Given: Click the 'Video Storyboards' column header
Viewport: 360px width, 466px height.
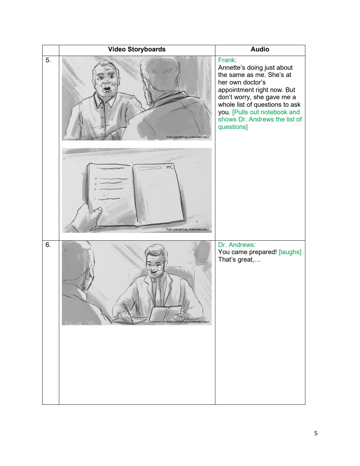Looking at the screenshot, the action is coord(137,49).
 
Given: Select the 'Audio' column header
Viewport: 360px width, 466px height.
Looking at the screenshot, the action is coord(260,49).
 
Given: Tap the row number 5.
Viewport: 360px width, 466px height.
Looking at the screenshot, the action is coord(48,60).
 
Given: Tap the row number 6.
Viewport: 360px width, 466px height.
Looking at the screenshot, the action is coord(48,245).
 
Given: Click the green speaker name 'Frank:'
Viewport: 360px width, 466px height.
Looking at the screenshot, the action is coord(227,60).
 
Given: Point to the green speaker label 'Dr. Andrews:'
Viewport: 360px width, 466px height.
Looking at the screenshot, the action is coord(237,245).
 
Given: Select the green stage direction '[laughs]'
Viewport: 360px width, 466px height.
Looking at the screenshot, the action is coord(290,252).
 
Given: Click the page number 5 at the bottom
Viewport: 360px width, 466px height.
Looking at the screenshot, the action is coord(315,433).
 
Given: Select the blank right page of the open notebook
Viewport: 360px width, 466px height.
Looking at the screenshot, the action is coord(159,194).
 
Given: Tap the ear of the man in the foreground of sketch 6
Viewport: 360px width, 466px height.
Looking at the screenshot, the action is coord(89,277).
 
